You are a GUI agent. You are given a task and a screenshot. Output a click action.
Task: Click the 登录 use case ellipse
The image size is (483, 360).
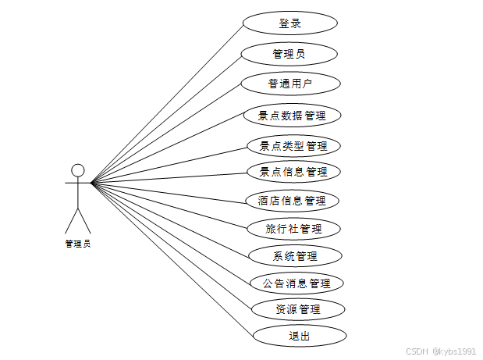(289, 23)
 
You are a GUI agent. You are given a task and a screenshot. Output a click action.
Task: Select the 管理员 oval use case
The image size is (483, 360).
(289, 54)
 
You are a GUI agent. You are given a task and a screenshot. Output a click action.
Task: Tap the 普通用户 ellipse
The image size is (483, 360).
(289, 84)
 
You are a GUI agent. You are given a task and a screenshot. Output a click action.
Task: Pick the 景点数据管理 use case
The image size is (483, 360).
(291, 116)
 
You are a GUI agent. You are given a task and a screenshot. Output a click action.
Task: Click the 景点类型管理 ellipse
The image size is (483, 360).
(293, 145)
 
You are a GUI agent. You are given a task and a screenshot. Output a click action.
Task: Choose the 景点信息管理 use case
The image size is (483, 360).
(293, 171)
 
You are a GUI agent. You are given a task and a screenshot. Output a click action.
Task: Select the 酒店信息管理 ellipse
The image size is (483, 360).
(292, 201)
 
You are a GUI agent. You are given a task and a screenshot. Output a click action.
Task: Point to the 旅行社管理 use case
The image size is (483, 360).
(293, 229)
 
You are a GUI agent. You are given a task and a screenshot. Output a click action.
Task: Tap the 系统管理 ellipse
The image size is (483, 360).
(294, 255)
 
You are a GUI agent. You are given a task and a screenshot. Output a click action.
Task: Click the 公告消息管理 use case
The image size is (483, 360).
(296, 283)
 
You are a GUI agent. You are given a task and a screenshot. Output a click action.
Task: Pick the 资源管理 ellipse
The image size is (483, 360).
(297, 308)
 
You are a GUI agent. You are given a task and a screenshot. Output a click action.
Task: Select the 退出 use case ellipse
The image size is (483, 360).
(299, 336)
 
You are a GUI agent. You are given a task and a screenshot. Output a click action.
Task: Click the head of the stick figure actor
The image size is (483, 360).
(77, 169)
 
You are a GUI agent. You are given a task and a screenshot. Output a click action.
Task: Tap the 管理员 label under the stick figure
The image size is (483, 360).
(77, 243)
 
